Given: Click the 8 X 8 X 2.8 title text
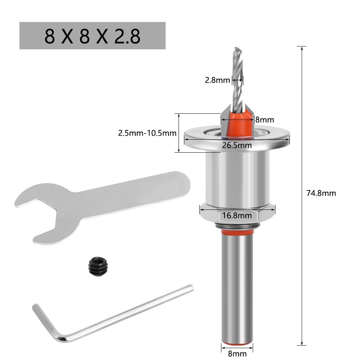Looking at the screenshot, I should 92,36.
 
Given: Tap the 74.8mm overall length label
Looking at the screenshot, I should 321,193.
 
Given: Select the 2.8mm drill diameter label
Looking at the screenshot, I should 217,80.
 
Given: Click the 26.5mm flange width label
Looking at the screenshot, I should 236,145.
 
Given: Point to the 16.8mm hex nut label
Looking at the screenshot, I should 237,216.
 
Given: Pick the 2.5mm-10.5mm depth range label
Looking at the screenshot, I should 147,133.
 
